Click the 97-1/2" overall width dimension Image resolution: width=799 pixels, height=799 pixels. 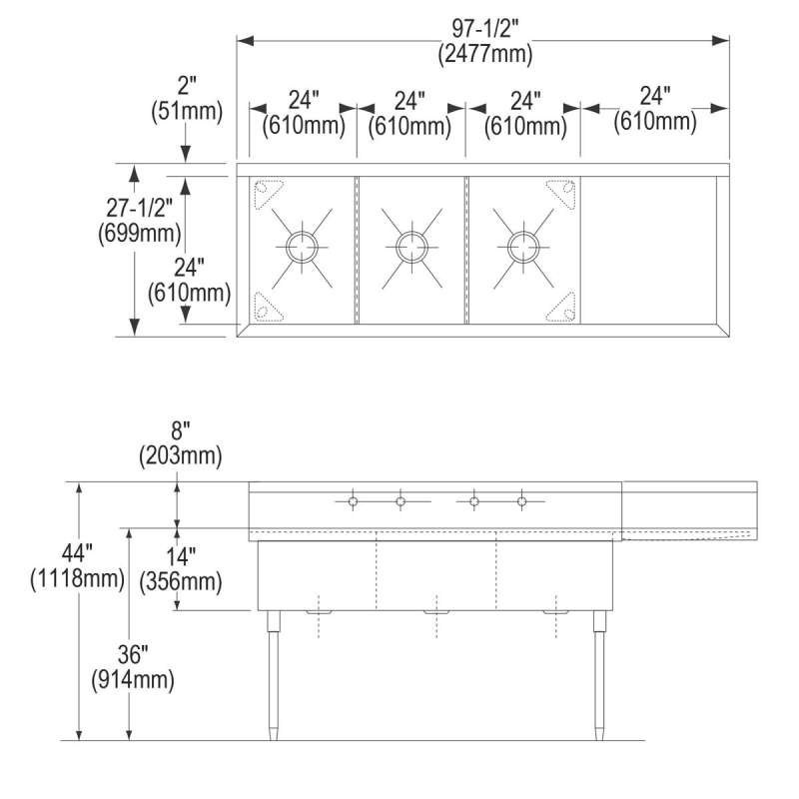point(485,28)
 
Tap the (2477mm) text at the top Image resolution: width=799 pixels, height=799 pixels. point(485,54)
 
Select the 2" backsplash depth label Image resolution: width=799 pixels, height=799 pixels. point(187,85)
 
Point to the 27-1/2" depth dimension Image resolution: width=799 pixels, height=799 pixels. point(140,208)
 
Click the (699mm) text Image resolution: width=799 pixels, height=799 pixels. point(140,233)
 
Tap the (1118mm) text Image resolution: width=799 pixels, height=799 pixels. point(77,578)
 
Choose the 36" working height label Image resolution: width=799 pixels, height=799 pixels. point(133,654)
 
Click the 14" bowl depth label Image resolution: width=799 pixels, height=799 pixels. point(181,556)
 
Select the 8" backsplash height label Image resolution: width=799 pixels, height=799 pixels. point(181,430)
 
